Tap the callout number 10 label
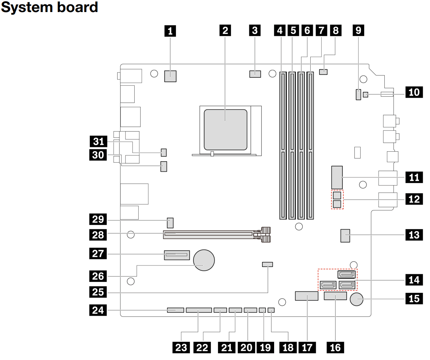(x=414, y=92)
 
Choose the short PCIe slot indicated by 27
(x=177, y=255)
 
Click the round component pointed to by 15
(x=357, y=300)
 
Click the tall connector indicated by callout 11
(x=337, y=177)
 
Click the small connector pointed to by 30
(x=164, y=167)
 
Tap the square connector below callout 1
(x=170, y=76)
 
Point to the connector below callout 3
(x=255, y=74)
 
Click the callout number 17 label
(x=307, y=347)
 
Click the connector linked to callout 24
(x=176, y=310)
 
